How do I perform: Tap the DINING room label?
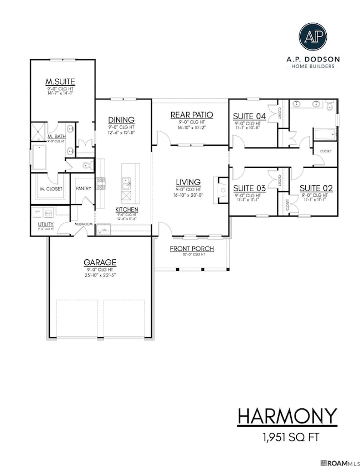(121, 120)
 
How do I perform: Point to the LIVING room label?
(188, 182)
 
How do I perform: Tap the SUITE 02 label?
(313, 188)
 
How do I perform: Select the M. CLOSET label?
(51, 189)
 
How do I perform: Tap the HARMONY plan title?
(287, 416)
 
